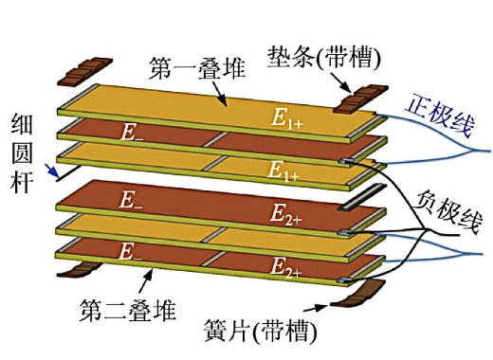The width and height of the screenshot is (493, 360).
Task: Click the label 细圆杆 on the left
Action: [23, 153]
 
